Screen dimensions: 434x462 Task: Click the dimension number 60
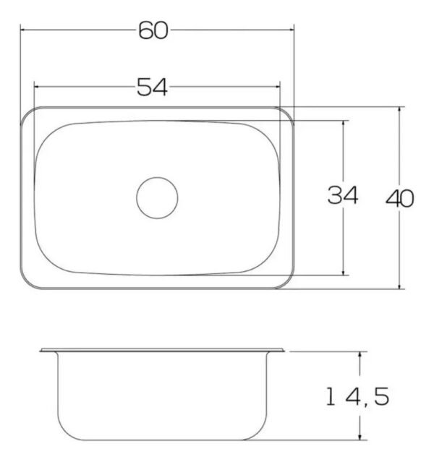[153, 30]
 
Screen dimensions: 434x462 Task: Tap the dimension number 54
[152, 87]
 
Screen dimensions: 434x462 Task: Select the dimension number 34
[343, 194]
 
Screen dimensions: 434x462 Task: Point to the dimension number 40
[400, 198]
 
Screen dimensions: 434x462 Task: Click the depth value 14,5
[357, 396]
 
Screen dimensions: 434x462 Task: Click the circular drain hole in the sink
[157, 198]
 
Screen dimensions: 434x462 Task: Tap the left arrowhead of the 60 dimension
[22, 30]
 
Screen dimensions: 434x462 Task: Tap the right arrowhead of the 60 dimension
[292, 30]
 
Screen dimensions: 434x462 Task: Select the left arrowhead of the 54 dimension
[37, 87]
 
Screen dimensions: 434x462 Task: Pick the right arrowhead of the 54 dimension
[277, 87]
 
